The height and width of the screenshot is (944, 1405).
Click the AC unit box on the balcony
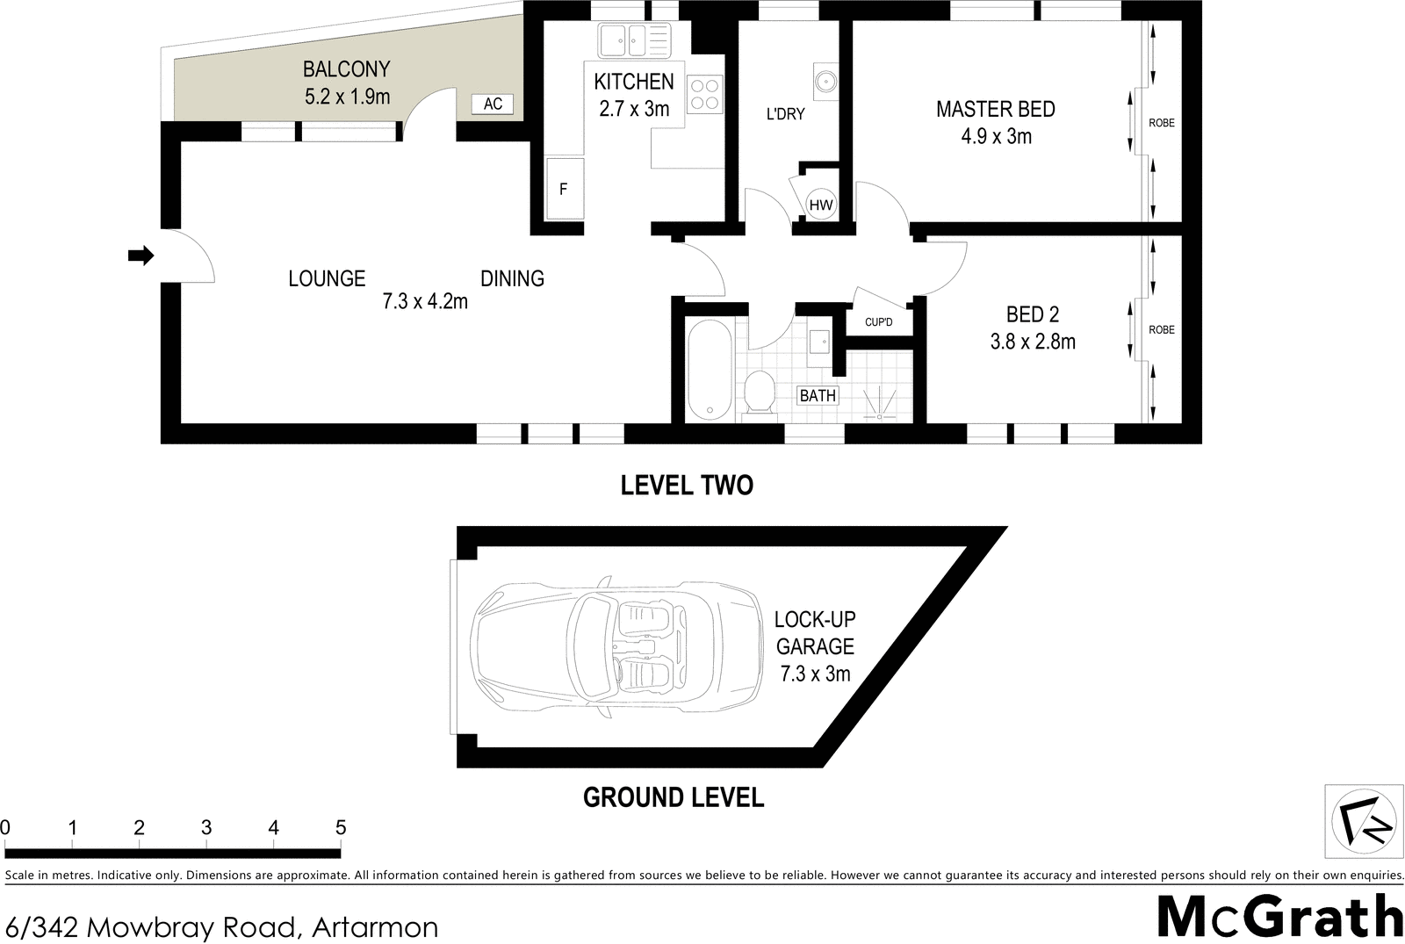(x=493, y=104)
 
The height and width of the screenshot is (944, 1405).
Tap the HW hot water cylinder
(x=820, y=205)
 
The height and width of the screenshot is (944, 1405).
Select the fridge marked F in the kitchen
(x=564, y=189)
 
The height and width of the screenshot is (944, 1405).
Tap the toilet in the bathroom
(x=758, y=392)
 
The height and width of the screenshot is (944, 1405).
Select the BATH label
(x=818, y=395)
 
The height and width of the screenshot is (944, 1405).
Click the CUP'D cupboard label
(x=878, y=322)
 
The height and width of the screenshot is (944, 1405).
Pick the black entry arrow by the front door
(x=140, y=256)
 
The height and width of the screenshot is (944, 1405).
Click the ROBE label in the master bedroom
(x=1161, y=123)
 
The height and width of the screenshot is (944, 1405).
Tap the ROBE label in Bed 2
(x=1161, y=329)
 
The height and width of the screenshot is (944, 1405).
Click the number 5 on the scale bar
(x=341, y=827)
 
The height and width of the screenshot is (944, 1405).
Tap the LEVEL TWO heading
(x=687, y=485)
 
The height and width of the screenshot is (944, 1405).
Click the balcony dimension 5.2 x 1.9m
(x=347, y=96)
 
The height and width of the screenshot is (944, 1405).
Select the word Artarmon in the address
(x=375, y=926)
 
